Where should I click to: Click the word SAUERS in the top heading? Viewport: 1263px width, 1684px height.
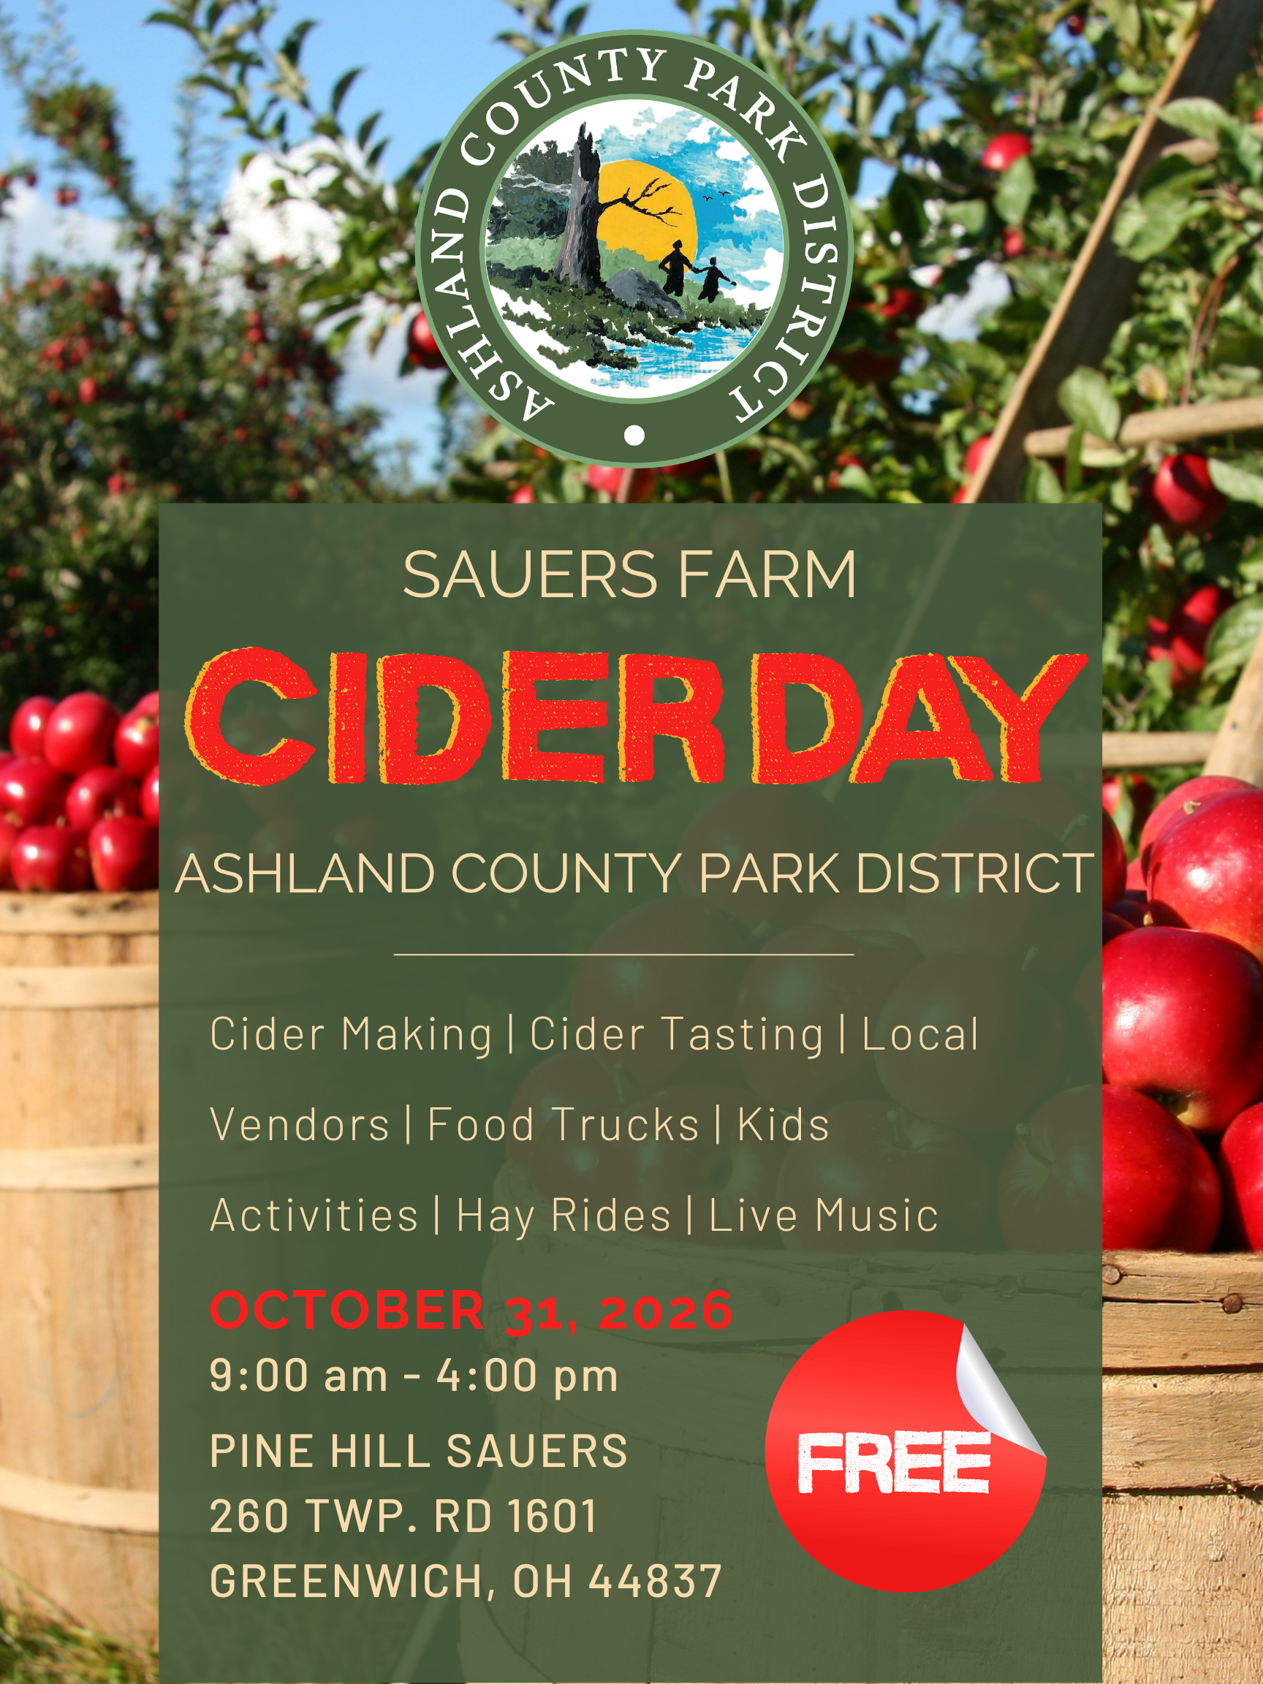530,574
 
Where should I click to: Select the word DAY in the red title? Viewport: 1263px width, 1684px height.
919,718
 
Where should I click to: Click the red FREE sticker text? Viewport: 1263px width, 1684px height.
894,1462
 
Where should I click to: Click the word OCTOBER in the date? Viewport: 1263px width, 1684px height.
347,1311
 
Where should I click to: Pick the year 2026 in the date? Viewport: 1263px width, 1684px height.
665,1312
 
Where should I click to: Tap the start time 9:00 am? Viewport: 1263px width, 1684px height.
298,1376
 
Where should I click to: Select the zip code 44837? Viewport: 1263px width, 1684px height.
655,1581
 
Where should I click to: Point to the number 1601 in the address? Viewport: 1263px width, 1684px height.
552,1516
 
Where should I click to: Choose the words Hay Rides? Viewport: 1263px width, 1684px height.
564,1216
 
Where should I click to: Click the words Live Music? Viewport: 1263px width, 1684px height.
823,1215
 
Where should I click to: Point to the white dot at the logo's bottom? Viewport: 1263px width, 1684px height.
634,435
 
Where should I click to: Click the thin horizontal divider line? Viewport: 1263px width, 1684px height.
623,954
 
